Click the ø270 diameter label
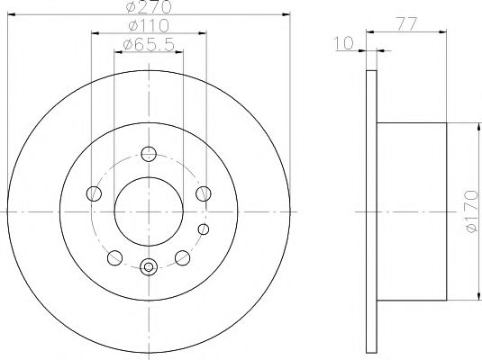[147, 7]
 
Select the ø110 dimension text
[147, 27]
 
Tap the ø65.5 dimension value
[149, 44]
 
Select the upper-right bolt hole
[204, 193]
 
